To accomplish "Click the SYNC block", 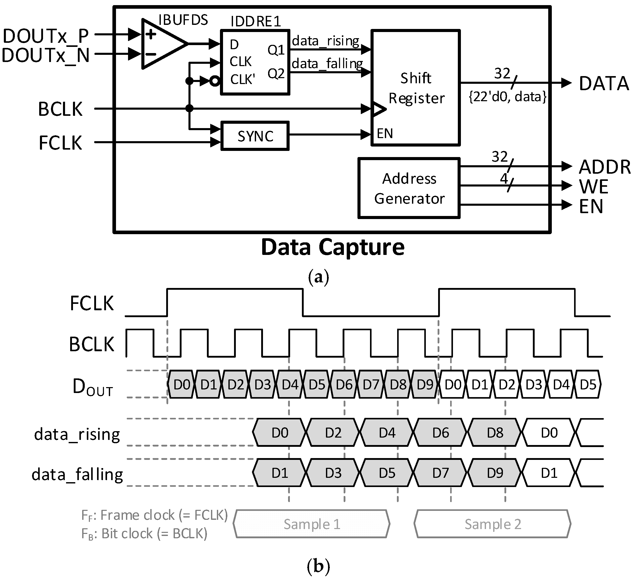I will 255,136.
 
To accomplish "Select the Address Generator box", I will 409,188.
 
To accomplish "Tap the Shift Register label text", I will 416,88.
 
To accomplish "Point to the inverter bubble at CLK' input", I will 215,81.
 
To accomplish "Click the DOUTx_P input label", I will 46,36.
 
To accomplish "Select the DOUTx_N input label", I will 46,55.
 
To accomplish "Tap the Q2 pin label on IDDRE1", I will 276,74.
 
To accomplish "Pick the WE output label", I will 594,187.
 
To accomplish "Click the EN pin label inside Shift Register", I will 385,134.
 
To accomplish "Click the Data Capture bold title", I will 332,247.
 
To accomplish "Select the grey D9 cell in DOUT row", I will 425,385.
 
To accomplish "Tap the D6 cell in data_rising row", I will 441,433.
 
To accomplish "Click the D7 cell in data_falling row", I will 441,473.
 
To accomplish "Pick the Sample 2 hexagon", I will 492,524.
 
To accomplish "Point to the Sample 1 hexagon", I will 312,524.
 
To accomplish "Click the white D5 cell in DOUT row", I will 588,385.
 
